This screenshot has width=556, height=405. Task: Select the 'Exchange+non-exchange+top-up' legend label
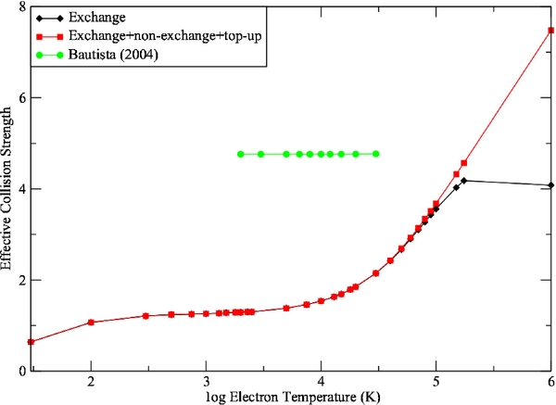point(159,36)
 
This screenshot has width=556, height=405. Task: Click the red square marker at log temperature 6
point(551,30)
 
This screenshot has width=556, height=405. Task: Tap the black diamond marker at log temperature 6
point(551,185)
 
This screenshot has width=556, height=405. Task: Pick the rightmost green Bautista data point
point(376,154)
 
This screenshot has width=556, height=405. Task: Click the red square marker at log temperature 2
point(91,323)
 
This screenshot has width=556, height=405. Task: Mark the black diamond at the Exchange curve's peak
point(464,181)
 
